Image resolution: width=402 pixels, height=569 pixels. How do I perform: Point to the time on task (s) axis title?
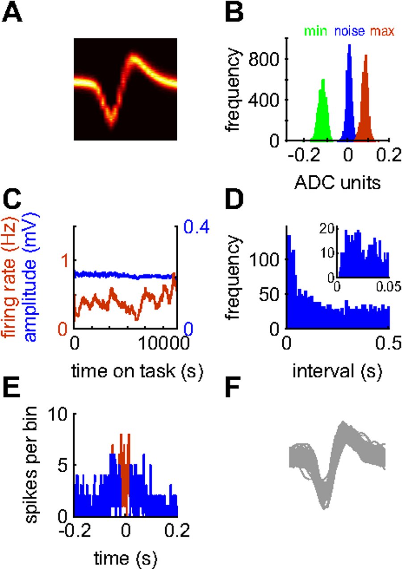(127, 370)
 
